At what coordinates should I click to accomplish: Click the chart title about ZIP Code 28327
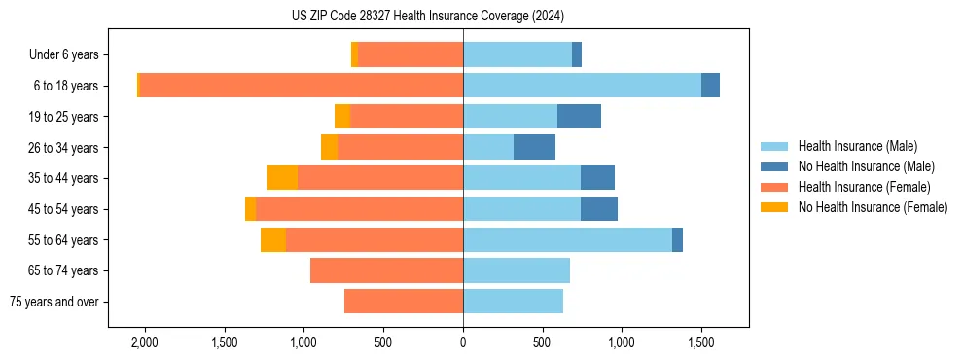[x=428, y=16]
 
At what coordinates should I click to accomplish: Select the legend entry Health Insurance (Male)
[x=857, y=146]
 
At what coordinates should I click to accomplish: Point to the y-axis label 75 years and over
[x=54, y=302]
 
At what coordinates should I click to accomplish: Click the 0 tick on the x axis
[x=463, y=342]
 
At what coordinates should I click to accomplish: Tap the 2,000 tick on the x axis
[x=145, y=342]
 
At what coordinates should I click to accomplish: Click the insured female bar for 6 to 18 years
[x=302, y=86]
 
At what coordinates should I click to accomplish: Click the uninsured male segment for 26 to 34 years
[x=534, y=148]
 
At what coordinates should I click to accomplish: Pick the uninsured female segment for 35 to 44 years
[x=282, y=178]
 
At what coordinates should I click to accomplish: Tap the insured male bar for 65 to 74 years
[x=517, y=270]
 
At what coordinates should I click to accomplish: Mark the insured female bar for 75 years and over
[x=404, y=302]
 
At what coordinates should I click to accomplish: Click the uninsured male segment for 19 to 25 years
[x=579, y=117]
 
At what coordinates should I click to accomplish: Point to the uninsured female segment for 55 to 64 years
[x=273, y=239]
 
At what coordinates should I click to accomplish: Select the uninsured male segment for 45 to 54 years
[x=599, y=209]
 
